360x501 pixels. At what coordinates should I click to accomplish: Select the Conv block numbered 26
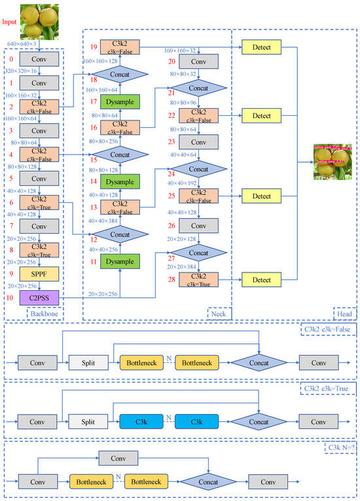pyautogui.click(x=198, y=225)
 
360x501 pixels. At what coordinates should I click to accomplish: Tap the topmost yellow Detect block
pyautogui.click(x=261, y=47)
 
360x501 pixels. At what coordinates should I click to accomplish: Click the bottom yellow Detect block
pyautogui.click(x=261, y=280)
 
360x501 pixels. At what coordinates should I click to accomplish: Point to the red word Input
pyautogui.click(x=10, y=22)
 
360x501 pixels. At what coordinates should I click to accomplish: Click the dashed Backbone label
pyautogui.click(x=45, y=314)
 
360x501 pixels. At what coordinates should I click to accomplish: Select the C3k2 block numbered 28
pyautogui.click(x=198, y=280)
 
